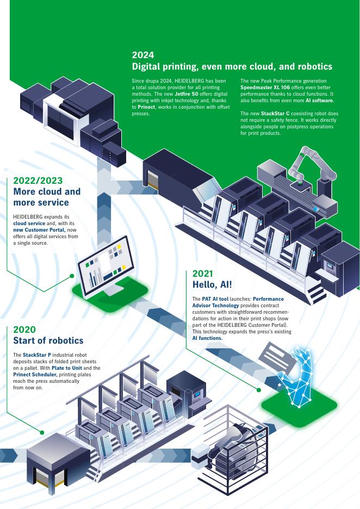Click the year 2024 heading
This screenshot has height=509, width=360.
143,55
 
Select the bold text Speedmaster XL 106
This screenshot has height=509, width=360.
264,88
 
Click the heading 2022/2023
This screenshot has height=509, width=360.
38,181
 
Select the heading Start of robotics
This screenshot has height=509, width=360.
48,340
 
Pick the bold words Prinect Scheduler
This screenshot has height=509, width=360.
36,375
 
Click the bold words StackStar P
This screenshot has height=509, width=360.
36,355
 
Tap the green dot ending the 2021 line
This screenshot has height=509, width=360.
259,389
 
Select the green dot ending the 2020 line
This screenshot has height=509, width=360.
42,432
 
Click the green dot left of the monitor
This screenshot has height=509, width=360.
72,276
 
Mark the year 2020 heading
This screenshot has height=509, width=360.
24,329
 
